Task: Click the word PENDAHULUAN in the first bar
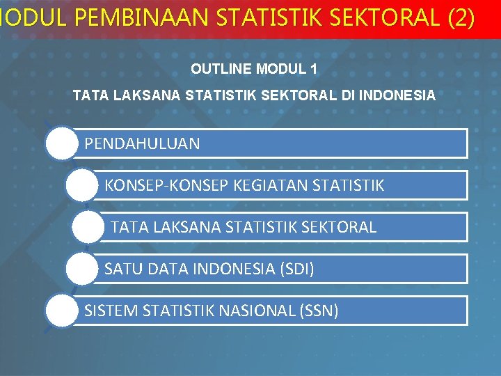[142, 144]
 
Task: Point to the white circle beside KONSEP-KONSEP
[82, 185]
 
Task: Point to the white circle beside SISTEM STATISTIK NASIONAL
[62, 310]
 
